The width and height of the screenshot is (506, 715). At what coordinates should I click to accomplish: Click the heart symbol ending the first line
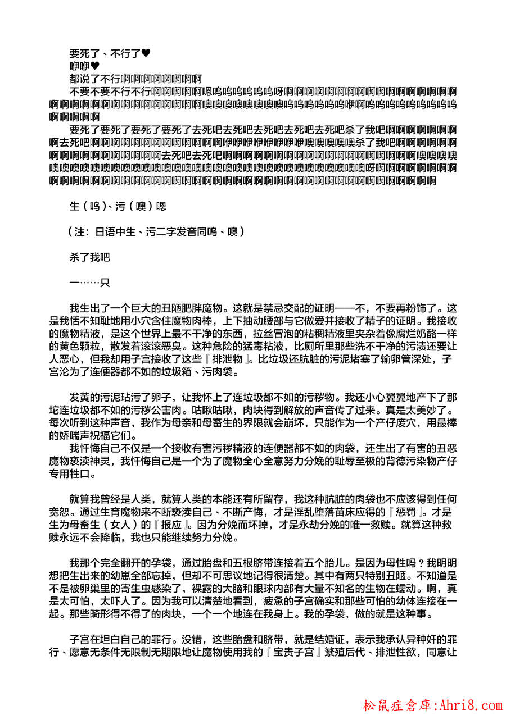(146, 54)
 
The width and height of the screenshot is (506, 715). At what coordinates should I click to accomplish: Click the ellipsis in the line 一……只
(89, 283)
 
